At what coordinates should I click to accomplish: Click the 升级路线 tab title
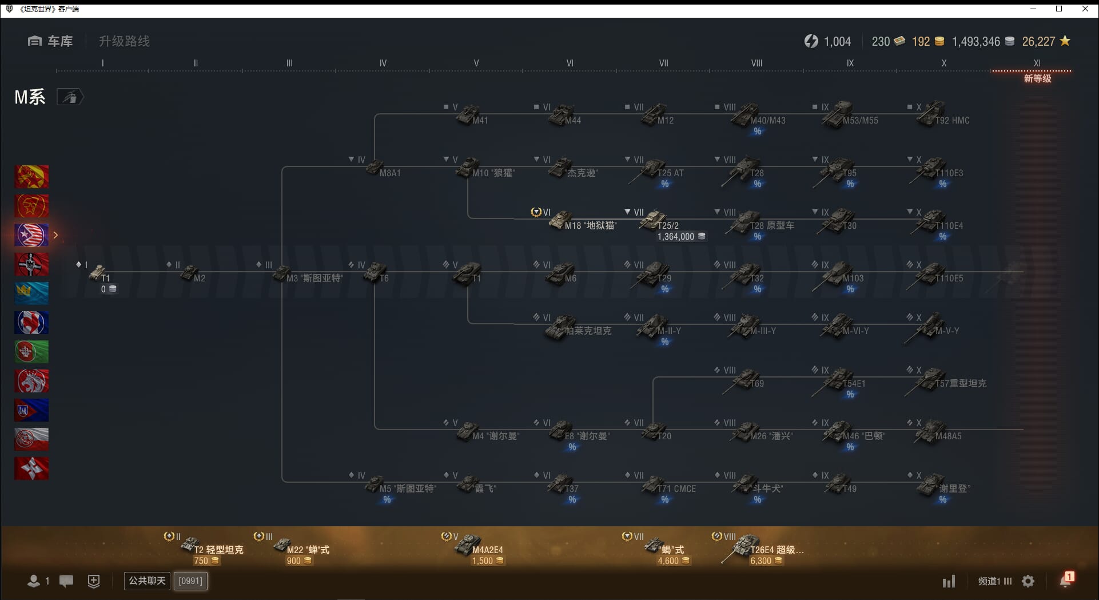tap(124, 41)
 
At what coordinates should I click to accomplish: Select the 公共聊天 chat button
tap(147, 581)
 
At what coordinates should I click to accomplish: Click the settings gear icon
tap(1028, 582)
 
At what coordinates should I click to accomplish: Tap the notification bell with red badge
tap(1065, 581)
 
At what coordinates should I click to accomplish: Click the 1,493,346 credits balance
tap(976, 42)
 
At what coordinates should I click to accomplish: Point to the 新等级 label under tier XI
tap(1037, 78)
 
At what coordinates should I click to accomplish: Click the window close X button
tap(1085, 9)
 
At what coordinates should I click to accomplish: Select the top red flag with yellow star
tap(31, 177)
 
